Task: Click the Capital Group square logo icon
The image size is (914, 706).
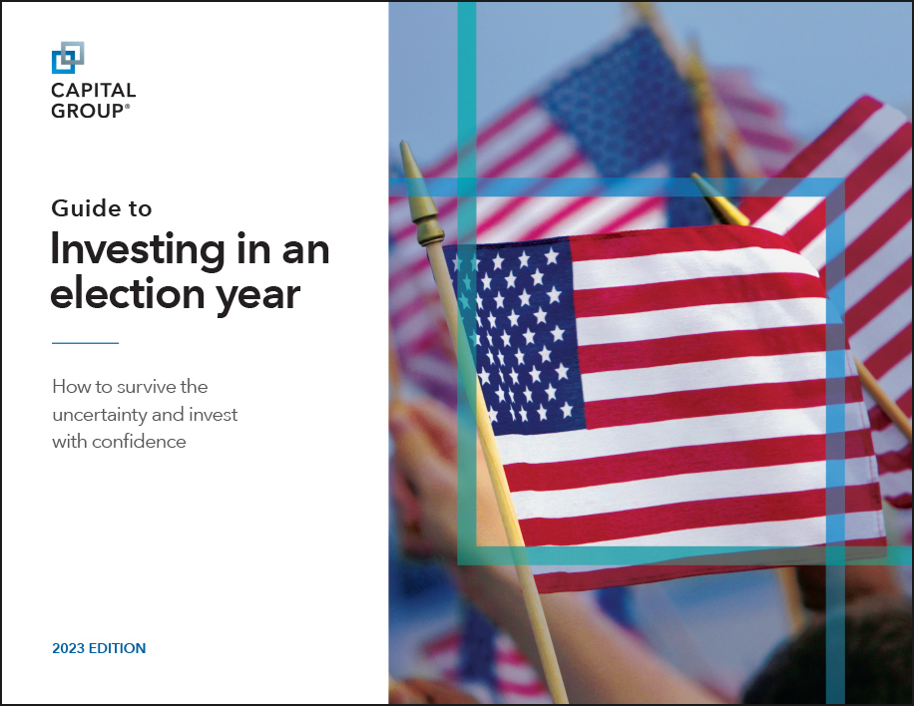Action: pos(68,57)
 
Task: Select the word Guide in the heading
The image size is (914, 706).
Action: pos(82,209)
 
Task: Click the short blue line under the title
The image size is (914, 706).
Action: pos(85,343)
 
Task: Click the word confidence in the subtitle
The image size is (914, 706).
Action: pos(140,441)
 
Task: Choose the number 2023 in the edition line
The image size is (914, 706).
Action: pos(70,648)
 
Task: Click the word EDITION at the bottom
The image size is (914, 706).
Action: pos(119,648)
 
